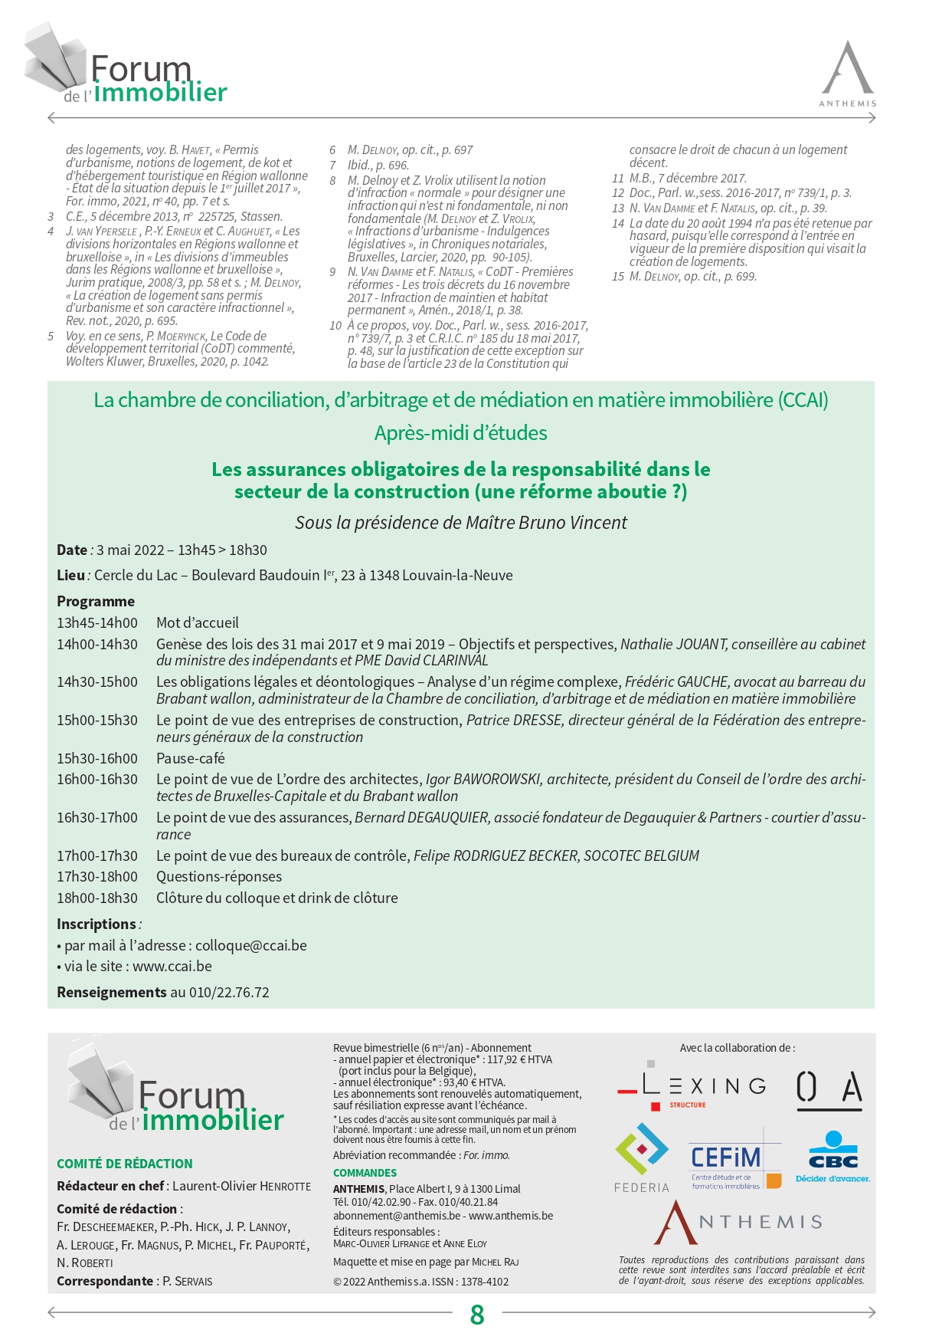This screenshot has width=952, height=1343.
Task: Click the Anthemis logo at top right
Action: point(848,74)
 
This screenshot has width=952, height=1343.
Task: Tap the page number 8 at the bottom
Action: point(477,1315)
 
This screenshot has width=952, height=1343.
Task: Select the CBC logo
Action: point(833,1157)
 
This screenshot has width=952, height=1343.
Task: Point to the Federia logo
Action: point(642,1157)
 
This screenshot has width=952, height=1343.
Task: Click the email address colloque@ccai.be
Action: point(251,946)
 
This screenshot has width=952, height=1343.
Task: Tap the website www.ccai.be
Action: point(172,967)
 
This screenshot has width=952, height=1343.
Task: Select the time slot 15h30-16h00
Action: point(97,759)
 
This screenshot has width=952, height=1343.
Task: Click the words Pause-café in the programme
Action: point(191,759)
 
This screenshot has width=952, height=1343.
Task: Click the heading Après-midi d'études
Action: point(460,433)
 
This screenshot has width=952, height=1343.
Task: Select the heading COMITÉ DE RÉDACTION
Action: point(125,1164)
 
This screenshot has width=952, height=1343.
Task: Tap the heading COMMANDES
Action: point(365,1173)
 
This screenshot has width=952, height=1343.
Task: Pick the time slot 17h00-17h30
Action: point(97,856)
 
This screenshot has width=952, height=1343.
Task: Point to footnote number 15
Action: point(618,277)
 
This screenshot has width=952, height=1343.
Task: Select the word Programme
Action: point(96,602)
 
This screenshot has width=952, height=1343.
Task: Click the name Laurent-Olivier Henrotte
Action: point(241,1186)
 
